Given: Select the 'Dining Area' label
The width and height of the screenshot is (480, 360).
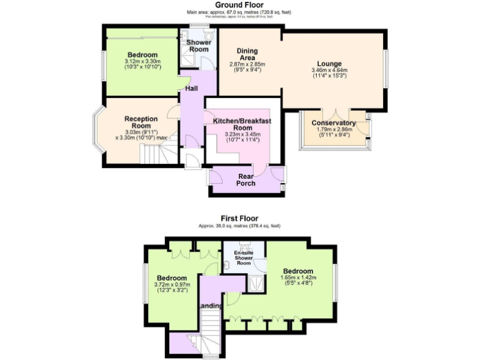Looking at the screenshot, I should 247,54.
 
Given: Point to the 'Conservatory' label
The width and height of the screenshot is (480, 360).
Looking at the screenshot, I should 334,123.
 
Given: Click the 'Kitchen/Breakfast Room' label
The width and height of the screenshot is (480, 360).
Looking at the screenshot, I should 241,124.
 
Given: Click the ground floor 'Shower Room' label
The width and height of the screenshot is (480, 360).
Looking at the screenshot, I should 199,46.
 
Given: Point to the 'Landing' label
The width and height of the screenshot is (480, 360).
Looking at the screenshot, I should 210,306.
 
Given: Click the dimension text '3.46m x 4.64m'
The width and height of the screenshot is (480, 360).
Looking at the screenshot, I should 329,71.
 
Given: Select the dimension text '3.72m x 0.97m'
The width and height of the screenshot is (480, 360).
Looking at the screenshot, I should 171,285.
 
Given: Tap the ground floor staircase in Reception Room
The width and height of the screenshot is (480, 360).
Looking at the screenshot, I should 156,153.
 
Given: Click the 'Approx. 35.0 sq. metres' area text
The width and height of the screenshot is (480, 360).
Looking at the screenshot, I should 239,226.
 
